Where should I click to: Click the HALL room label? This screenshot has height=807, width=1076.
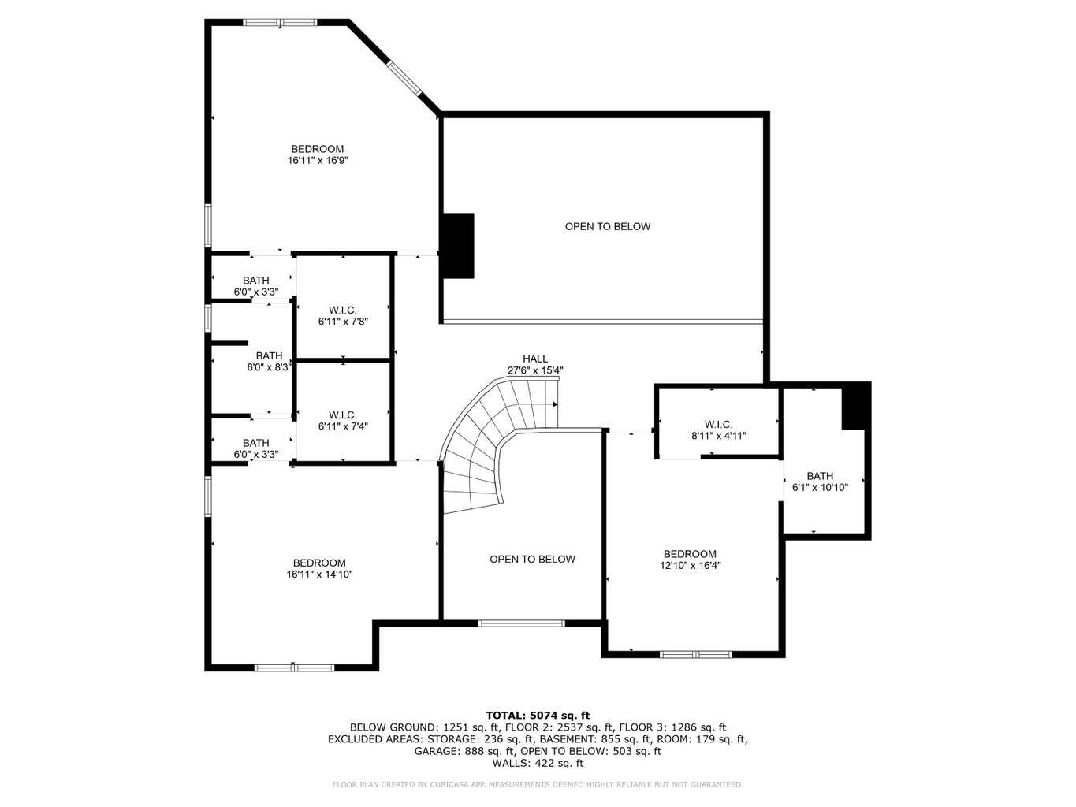534,359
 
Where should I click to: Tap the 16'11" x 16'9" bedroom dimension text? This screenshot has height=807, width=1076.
318,160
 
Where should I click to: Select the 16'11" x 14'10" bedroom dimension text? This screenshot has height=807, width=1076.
319,575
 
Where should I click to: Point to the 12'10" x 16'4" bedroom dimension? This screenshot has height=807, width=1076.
691,565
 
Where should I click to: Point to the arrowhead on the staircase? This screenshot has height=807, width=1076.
555,404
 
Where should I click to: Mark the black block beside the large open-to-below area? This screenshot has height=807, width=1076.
458,245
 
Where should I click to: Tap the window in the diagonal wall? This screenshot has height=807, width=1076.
404,77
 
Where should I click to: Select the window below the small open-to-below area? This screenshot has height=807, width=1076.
522,623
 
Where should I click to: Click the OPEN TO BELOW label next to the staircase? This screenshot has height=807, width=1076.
532,559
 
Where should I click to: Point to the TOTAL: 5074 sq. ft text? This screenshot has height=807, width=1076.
538,716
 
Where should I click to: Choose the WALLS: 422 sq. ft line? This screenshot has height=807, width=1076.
538,763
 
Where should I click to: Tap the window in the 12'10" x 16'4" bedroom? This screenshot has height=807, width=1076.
696,654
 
